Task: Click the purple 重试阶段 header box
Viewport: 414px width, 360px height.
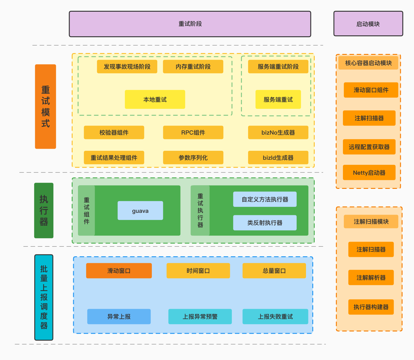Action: click(190, 24)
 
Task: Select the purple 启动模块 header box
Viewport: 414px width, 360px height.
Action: click(368, 24)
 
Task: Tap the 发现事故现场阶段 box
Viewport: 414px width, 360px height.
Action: click(127, 67)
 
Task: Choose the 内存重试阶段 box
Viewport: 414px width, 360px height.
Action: click(193, 67)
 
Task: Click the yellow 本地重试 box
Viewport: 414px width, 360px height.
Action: click(155, 100)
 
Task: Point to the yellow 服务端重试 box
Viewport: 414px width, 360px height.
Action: click(278, 100)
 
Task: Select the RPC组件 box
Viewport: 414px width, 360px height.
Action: click(193, 132)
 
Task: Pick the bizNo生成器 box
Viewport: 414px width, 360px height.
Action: click(278, 132)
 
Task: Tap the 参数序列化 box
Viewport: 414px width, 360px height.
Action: click(193, 158)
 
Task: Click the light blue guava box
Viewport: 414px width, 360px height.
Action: click(140, 211)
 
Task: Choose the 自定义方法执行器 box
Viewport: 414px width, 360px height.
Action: click(265, 199)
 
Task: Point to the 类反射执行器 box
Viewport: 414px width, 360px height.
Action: click(265, 223)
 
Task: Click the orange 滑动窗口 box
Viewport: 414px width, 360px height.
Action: click(119, 271)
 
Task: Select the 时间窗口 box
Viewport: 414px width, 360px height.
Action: click(198, 271)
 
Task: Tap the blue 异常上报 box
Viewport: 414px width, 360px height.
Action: click(119, 317)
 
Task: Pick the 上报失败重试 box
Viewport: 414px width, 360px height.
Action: click(275, 317)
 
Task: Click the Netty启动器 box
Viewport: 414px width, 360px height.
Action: click(369, 173)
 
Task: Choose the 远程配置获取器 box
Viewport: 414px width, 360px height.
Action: click(369, 147)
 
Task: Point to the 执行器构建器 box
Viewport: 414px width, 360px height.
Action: click(371, 307)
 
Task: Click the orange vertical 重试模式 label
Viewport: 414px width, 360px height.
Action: click(45, 106)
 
